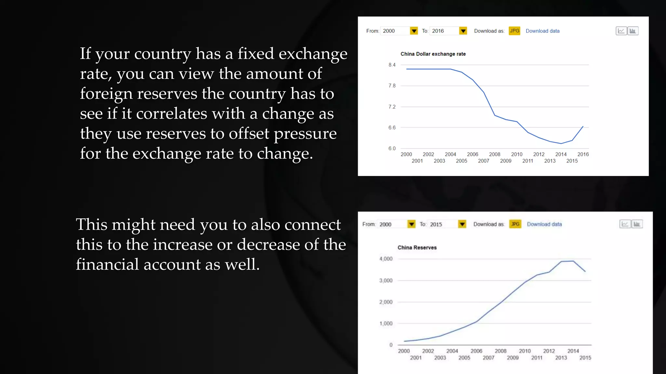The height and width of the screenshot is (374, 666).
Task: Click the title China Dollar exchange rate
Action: [x=433, y=54]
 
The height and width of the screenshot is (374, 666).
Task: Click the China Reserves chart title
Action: [x=417, y=247]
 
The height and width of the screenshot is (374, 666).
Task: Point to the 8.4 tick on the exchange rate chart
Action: [x=392, y=65]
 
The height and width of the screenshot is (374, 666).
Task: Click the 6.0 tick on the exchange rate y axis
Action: [x=392, y=148]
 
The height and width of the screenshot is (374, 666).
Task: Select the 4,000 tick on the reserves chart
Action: [x=386, y=259]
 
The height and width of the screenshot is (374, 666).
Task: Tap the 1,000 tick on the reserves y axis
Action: [x=386, y=323]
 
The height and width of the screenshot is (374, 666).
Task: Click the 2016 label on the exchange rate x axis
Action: [x=583, y=154]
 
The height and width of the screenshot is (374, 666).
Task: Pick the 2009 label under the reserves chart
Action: [x=513, y=358]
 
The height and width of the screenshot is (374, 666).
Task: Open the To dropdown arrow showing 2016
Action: [x=463, y=31]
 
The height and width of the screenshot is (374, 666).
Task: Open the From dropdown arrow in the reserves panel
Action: [x=411, y=224]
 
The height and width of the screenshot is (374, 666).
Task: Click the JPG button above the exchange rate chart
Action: [x=514, y=31]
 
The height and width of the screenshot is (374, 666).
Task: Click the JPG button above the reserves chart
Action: [x=515, y=224]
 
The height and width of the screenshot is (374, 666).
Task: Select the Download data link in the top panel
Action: [x=542, y=31]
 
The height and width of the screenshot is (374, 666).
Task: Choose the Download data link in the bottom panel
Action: [x=544, y=224]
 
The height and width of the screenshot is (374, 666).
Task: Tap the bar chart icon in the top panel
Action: [x=633, y=31]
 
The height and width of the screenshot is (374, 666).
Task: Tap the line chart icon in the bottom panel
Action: [x=625, y=224]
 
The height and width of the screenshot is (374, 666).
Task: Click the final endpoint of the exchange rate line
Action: [x=583, y=126]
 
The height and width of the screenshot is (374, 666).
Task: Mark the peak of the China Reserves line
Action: [x=573, y=261]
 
